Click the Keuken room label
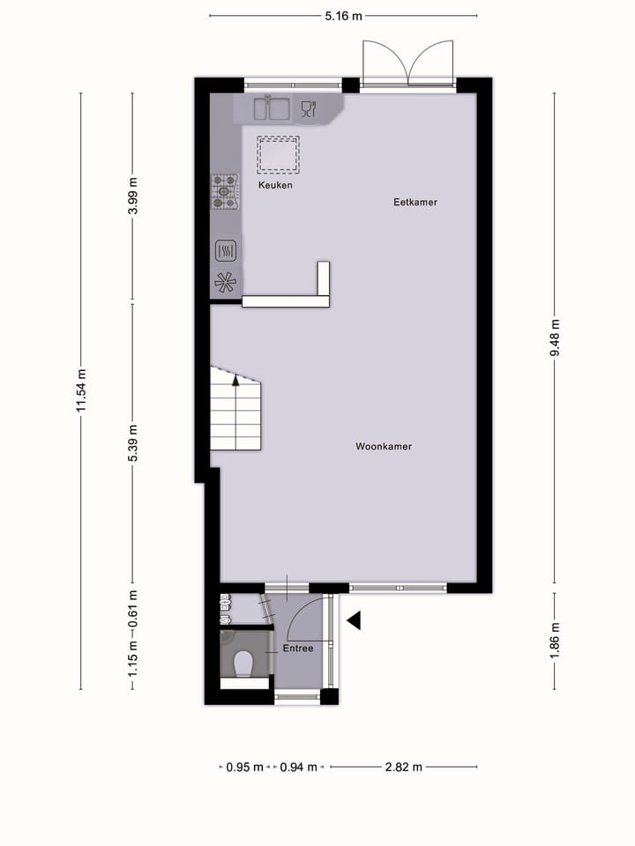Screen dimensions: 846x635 point(275,186)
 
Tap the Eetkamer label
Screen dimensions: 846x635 point(415,203)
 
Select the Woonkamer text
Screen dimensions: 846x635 point(384,447)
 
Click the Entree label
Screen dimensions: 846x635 point(298,649)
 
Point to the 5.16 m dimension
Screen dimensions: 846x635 point(344,16)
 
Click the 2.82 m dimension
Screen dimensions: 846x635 point(404,767)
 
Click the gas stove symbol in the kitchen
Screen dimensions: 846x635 point(225,192)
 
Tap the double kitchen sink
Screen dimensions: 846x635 point(273,108)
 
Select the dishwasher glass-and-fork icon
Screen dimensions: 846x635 point(309,108)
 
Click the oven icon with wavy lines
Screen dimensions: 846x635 point(225,251)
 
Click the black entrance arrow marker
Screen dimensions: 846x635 point(354,621)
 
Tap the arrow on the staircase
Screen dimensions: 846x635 point(236,381)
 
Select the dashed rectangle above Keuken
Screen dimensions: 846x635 point(278,153)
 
